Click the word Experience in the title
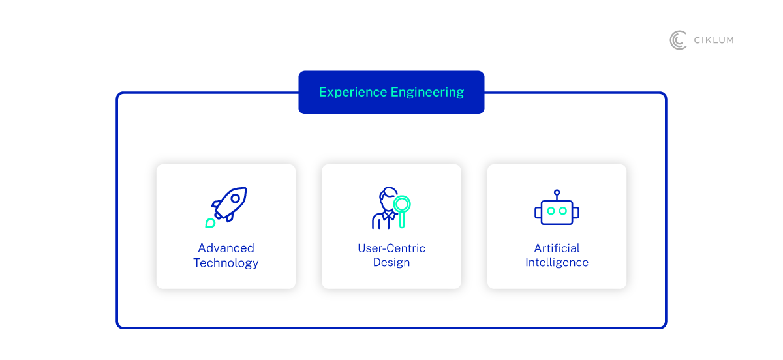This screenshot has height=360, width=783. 353,92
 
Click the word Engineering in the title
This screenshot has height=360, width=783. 427,93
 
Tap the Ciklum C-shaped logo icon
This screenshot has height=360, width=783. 678,40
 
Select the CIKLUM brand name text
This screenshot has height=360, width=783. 714,40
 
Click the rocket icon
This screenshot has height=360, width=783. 226,207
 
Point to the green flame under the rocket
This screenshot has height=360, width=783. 210,223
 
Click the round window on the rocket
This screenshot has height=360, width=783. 236,198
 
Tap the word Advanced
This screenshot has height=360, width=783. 226,248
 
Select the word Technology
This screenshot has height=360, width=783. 226,263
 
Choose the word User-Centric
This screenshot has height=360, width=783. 391,248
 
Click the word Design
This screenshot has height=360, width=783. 391,262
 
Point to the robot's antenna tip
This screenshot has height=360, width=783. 557,192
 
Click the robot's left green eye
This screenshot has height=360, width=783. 551,211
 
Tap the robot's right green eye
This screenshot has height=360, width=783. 562,211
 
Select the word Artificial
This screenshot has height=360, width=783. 557,248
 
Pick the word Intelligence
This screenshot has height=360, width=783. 557,262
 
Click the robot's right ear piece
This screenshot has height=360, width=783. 576,213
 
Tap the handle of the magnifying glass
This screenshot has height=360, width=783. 402,220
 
